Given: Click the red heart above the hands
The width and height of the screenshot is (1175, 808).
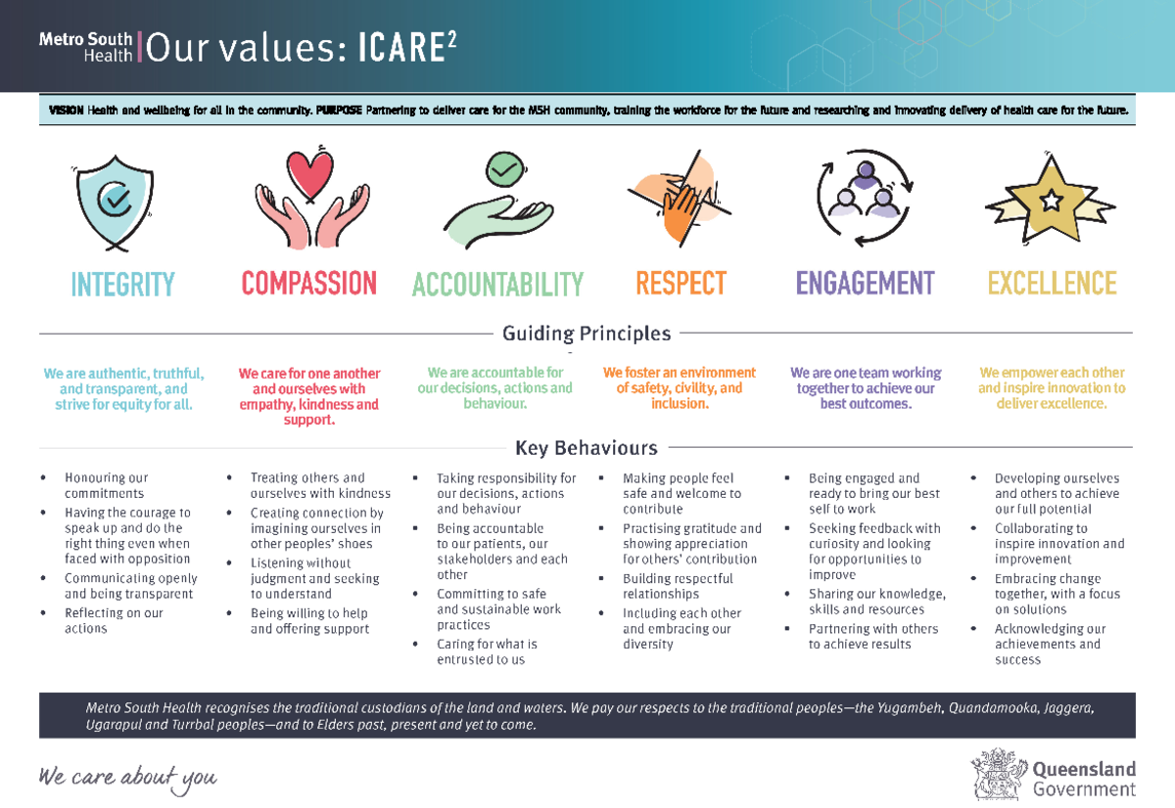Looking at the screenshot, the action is (309, 174).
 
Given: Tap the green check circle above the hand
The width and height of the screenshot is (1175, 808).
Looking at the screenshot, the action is (504, 168).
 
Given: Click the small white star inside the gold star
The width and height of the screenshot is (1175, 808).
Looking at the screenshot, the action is (1051, 201).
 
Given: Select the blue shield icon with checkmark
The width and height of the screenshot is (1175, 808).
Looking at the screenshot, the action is (115, 202).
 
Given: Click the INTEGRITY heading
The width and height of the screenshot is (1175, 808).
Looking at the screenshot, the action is (122, 284).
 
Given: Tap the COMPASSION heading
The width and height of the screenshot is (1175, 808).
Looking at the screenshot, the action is (309, 283).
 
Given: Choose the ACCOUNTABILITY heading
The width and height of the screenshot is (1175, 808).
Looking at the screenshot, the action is (497, 284).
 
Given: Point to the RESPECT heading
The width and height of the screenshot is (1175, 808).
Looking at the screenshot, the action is (681, 283).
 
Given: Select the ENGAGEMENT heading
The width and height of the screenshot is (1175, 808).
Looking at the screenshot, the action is (866, 283).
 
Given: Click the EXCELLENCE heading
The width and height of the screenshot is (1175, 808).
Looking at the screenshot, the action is (1053, 283).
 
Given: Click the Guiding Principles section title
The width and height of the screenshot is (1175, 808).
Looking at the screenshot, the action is (587, 334).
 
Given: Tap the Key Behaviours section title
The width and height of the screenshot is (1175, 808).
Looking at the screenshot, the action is (587, 448).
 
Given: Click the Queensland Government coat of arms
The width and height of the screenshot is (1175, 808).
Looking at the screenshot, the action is (999, 775).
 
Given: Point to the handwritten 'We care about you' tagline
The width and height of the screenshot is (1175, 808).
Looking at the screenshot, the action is (127, 778).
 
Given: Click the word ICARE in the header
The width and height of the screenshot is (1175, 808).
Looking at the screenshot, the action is (401, 48).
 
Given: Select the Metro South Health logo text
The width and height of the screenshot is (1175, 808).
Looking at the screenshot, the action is (85, 47).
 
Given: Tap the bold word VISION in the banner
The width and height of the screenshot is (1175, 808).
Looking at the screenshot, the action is (67, 110).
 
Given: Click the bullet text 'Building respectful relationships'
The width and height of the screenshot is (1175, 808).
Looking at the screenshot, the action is (678, 586).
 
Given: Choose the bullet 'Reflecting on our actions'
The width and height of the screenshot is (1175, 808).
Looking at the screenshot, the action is (114, 620).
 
